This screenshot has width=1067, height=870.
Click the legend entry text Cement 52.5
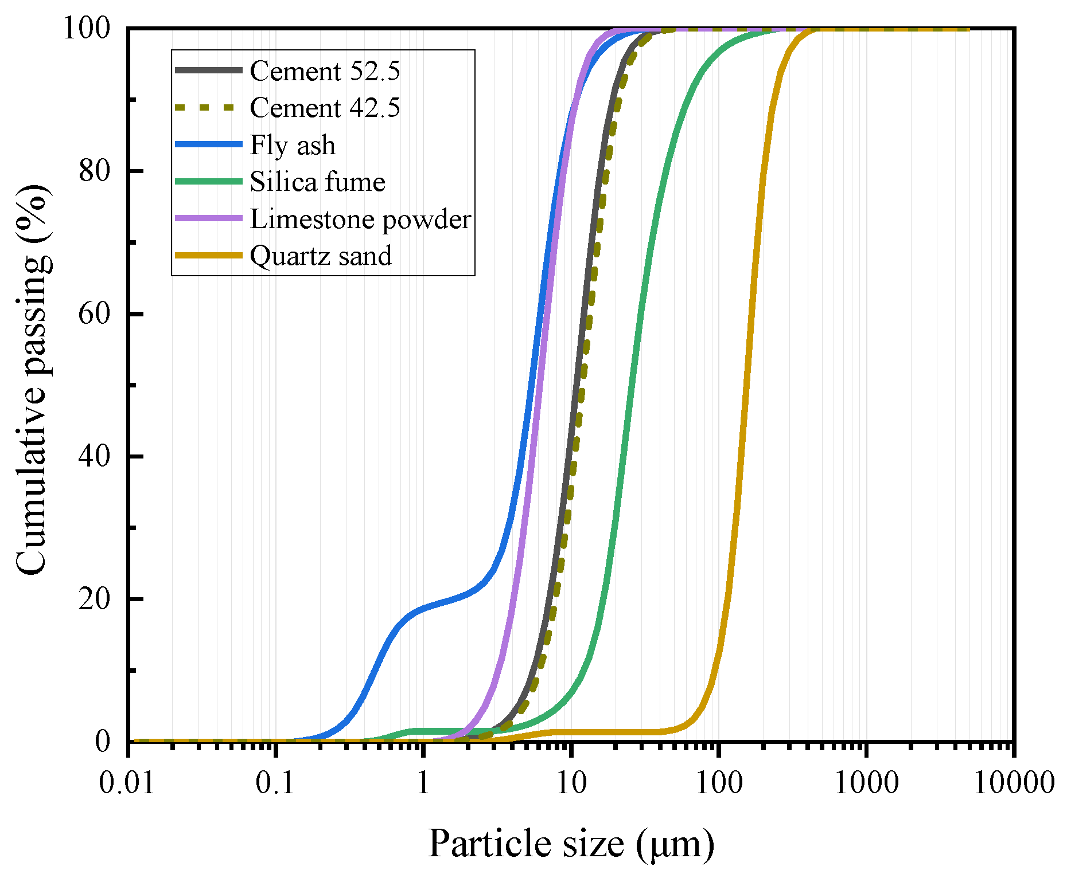[325, 71]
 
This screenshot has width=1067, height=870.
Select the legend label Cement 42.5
[325, 108]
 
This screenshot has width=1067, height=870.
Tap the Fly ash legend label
[293, 145]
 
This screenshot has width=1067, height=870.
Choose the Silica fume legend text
[317, 182]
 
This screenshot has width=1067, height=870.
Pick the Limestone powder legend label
[360, 219]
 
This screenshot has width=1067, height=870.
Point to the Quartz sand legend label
[321, 256]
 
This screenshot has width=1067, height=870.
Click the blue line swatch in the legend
[208, 144]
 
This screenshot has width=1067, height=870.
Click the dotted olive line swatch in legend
[208, 108]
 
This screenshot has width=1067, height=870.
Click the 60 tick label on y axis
[94, 313]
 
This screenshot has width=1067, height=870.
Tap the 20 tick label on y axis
[94, 599]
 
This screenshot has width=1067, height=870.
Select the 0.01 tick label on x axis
[127, 782]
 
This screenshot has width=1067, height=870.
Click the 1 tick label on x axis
[423, 782]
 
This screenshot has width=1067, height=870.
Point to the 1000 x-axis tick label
[866, 782]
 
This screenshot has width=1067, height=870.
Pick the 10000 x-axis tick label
[1014, 782]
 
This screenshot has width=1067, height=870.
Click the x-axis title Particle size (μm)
[571, 844]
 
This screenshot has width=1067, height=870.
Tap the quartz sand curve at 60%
[749, 313]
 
